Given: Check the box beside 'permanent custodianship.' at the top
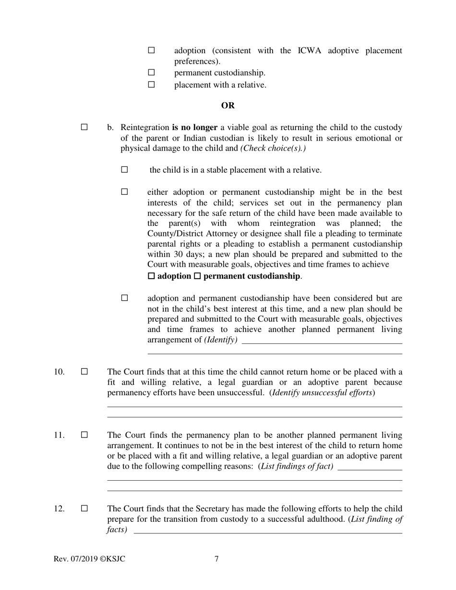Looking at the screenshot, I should tap(151, 72).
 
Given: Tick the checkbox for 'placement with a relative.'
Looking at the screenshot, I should tap(151, 84).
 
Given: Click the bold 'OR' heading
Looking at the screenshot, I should tap(228, 106).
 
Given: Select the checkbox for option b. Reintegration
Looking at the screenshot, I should tap(84, 127).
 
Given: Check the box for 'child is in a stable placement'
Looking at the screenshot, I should tap(125, 169).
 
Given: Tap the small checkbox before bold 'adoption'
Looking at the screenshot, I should tap(151, 276).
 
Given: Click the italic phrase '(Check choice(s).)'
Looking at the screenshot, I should tap(273, 148).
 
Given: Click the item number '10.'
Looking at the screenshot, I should tap(59, 372).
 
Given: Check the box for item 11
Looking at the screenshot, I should tap(84, 435).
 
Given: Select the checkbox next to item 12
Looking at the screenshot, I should tap(84, 508).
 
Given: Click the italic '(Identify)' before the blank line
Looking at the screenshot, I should tap(221, 340).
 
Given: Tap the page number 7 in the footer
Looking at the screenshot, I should tap(216, 559).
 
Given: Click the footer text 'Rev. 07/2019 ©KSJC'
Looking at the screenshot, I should tap(89, 559).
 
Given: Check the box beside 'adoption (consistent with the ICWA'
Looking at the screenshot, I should tap(151, 50).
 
